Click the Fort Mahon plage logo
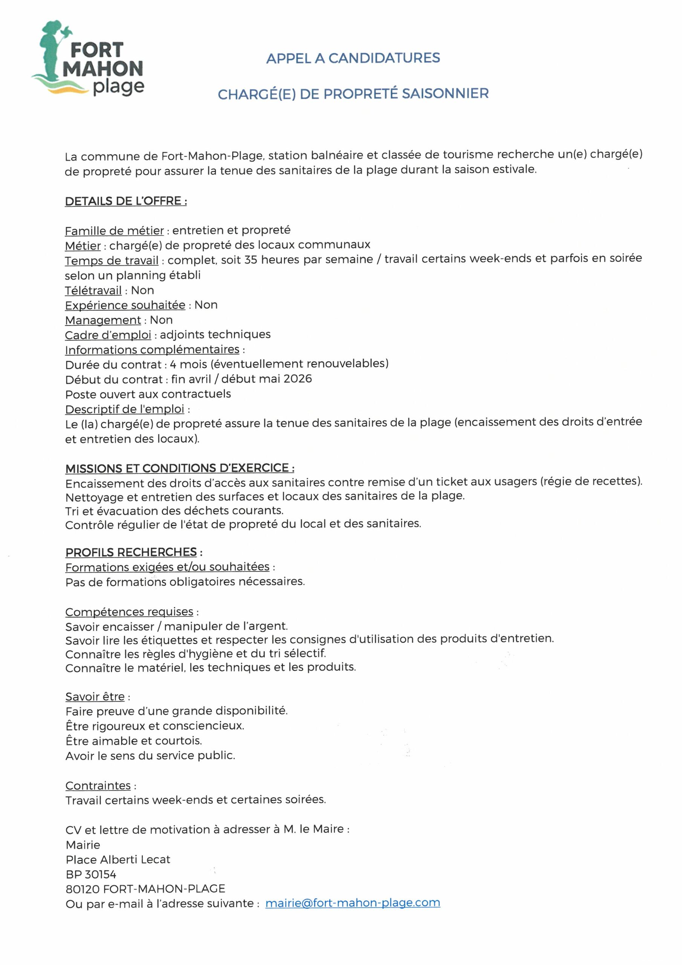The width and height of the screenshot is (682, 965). point(88,59)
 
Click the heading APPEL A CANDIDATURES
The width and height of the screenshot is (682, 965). point(353,58)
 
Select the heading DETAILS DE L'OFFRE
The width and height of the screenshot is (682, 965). point(125,201)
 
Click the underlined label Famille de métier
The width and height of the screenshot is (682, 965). point(114,231)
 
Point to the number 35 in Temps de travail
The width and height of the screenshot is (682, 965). point(251,260)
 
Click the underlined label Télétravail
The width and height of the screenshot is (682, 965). point(93,290)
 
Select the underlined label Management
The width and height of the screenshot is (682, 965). point(103,320)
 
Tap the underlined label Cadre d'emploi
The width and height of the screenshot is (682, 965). point(108,335)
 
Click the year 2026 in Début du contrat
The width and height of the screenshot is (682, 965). point(298,379)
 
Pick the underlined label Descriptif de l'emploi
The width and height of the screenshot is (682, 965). point(125,409)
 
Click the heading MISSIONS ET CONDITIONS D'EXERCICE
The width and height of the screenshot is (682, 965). point(179,468)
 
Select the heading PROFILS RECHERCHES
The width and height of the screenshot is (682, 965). point(131,552)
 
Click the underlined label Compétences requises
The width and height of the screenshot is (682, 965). point(129,611)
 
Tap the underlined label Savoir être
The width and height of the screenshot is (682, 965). point(95,697)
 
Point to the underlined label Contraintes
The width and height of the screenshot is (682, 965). point(98,786)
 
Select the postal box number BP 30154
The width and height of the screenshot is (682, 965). point(91,874)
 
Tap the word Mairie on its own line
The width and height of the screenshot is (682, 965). point(83,845)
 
